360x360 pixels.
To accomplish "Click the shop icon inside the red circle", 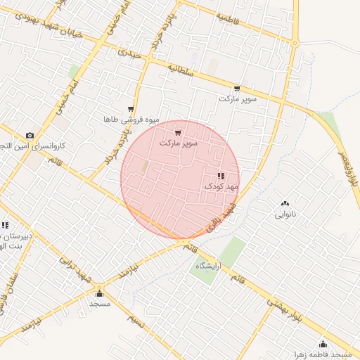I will pyautogui.click(x=178, y=132).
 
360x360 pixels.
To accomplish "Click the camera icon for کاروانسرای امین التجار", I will pyautogui.click(x=29, y=135).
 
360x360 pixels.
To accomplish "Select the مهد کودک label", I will pyautogui.click(x=222, y=186).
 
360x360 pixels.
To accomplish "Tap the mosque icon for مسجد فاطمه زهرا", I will pyautogui.click(x=323, y=344).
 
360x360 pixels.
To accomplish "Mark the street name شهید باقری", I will pyautogui.click(x=220, y=219).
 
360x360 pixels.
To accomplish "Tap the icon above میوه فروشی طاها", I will pyautogui.click(x=131, y=109).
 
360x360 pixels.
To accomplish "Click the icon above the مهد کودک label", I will pyautogui.click(x=221, y=176).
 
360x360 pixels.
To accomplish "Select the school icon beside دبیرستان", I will pyautogui.click(x=5, y=226).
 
